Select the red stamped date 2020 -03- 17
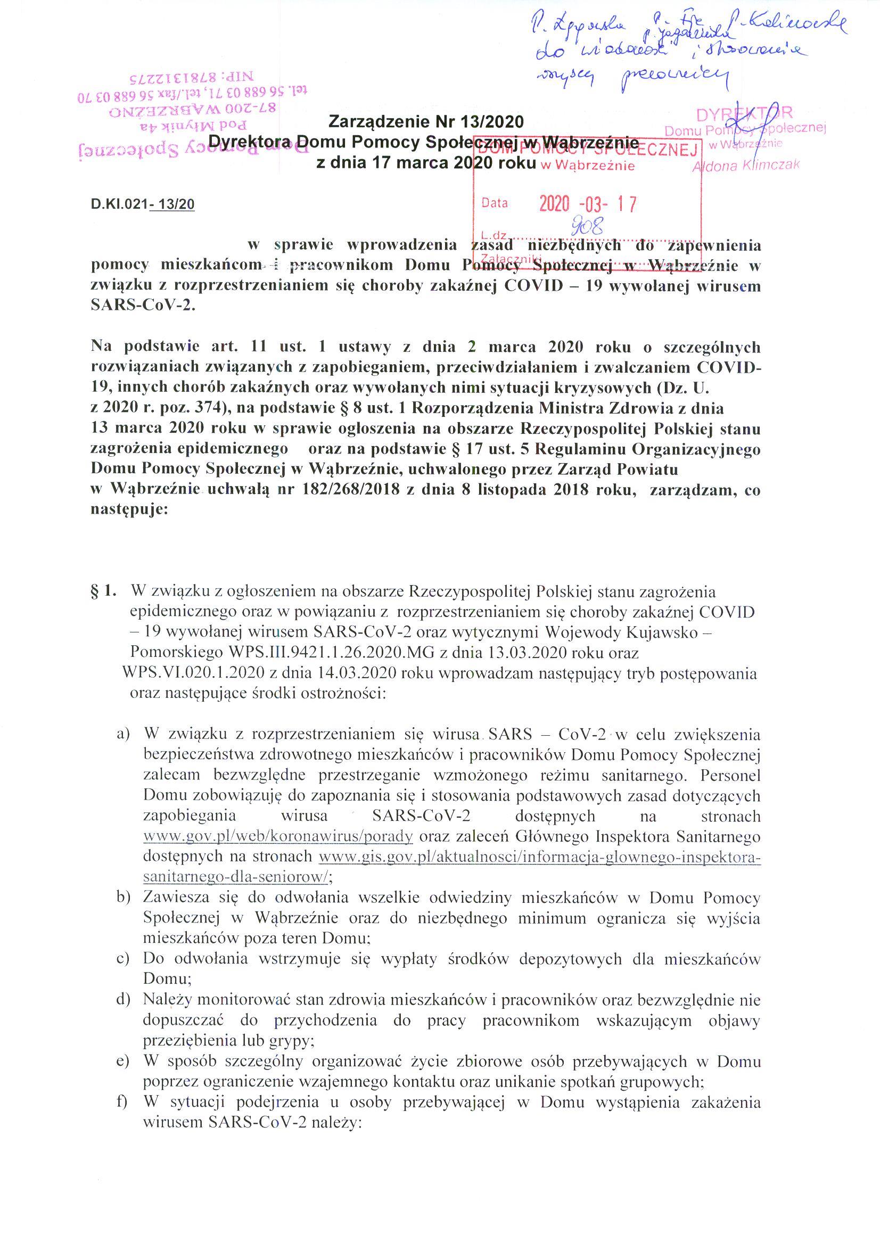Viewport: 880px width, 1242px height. [587, 204]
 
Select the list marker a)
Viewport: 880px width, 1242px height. [124, 734]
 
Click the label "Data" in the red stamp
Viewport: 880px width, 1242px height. [495, 203]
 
